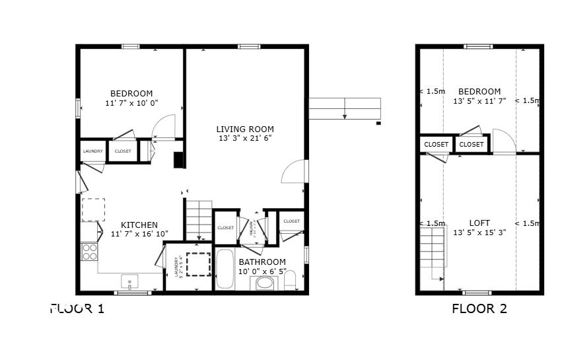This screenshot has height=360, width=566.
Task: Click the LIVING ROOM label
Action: click(245, 129)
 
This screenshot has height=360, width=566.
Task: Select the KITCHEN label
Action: click(139, 225)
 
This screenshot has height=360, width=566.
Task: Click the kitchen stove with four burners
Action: click(89, 252)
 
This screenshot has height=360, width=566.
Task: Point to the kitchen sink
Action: click(130, 282)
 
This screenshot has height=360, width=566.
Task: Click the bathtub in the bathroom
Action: click(225, 269)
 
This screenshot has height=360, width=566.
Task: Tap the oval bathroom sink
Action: click(265, 283)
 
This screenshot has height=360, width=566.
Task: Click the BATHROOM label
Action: click(262, 262)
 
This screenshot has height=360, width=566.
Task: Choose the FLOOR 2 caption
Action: click(479, 308)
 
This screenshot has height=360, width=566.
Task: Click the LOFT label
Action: click(479, 223)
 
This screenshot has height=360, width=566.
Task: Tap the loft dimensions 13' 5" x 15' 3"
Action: click(479, 232)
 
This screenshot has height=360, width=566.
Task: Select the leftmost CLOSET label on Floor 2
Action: click(436, 144)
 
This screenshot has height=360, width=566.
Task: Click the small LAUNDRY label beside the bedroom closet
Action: click(92, 151)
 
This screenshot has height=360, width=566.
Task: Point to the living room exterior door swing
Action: click(295, 172)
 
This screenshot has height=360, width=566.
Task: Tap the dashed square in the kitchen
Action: click(92, 209)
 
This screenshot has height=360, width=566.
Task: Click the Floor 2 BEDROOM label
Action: click(479, 91)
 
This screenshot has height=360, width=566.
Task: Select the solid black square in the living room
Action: click(178, 161)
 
